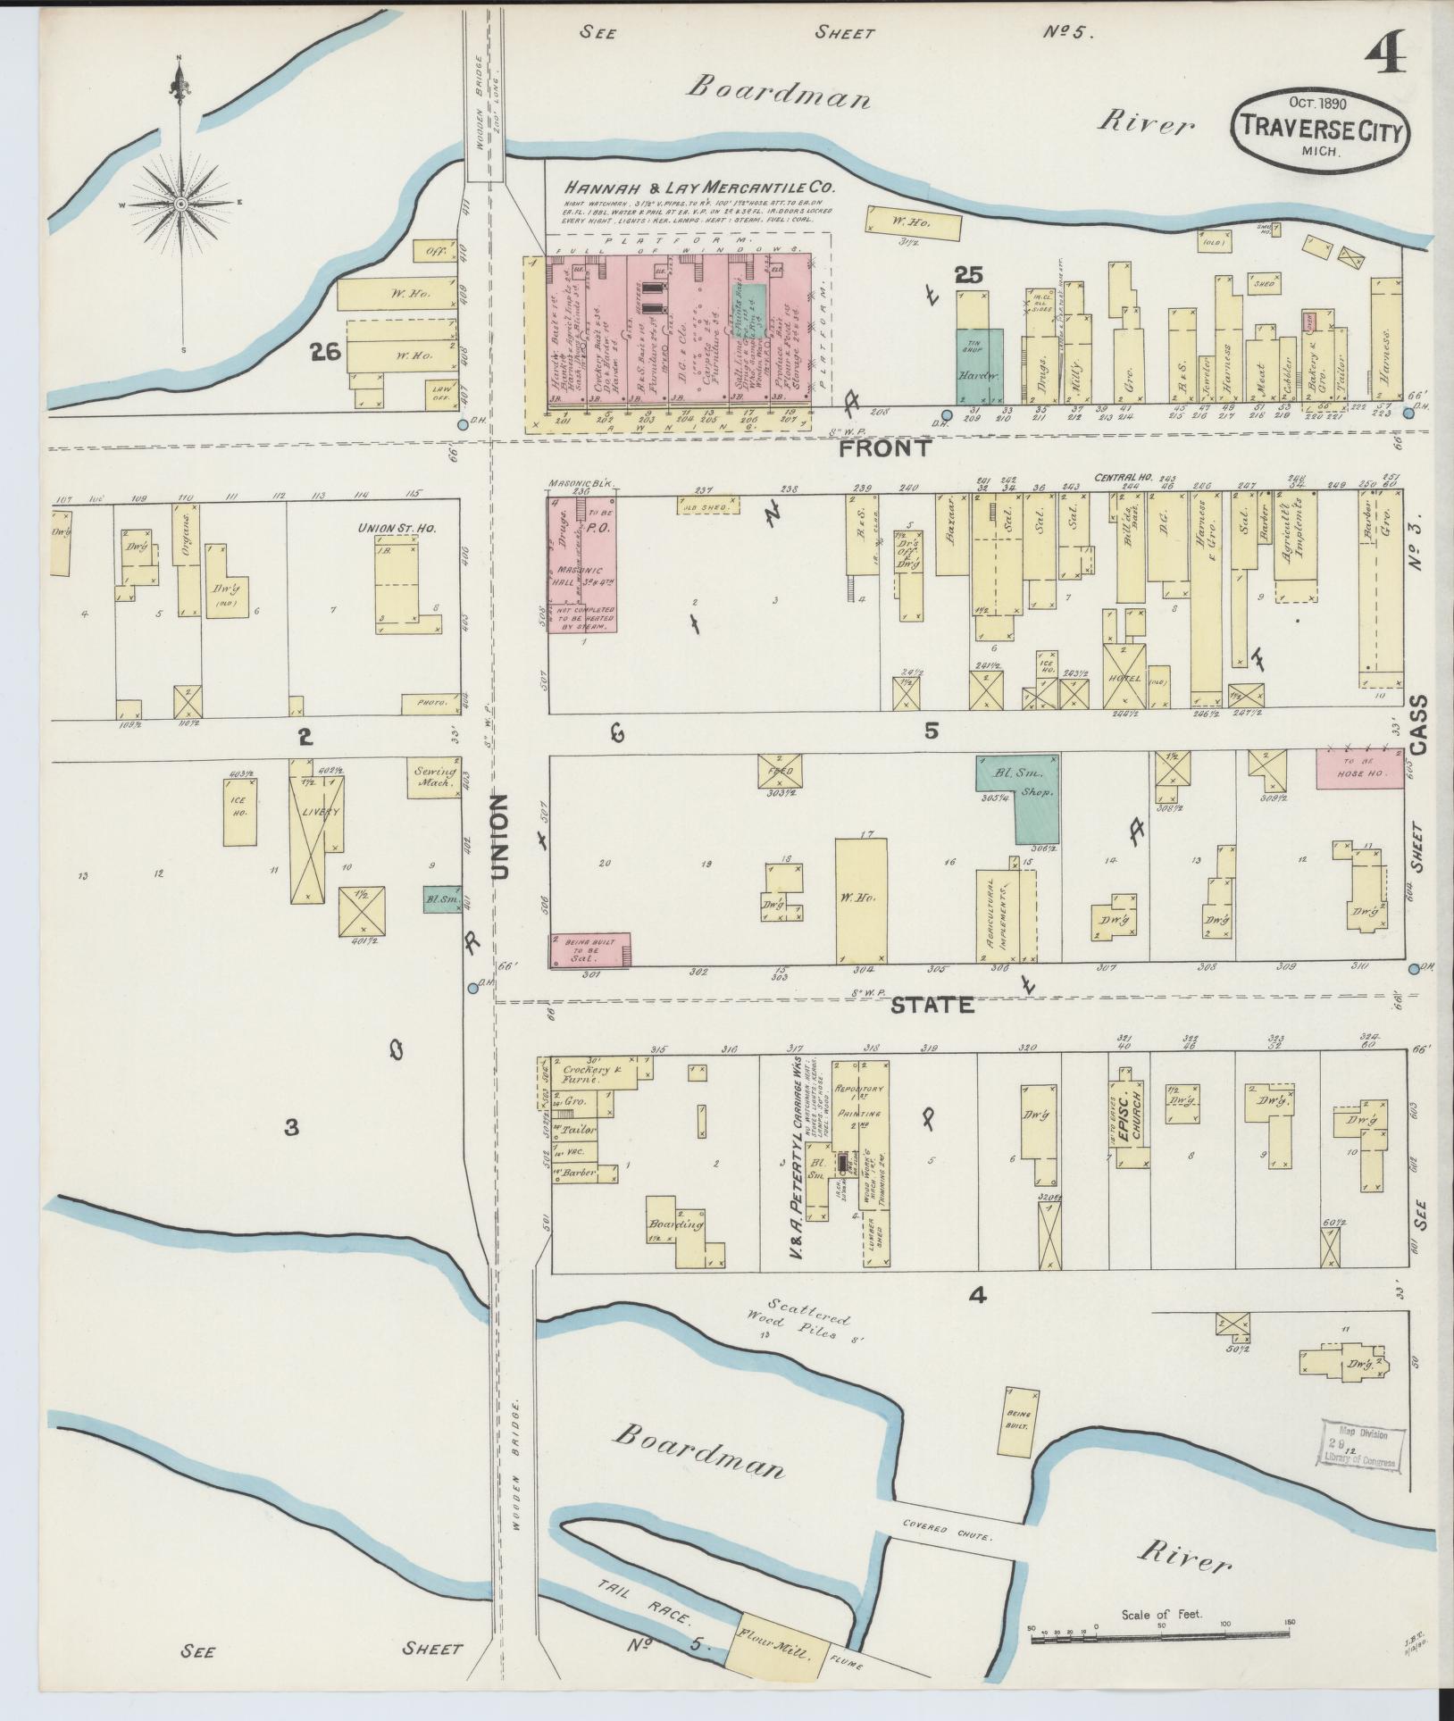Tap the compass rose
pos(181,204)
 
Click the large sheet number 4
pos(1385,53)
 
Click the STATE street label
pos(932,1005)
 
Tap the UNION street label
pos(499,837)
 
